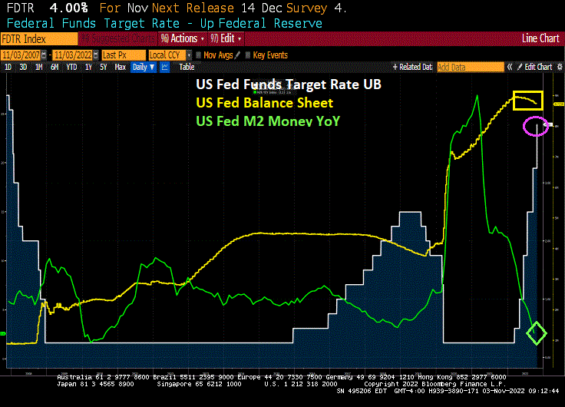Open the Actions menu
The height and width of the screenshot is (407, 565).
[183, 38]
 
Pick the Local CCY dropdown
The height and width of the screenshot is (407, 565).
[168, 55]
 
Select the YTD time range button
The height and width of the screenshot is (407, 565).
[71, 68]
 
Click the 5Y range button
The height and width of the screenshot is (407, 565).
[103, 68]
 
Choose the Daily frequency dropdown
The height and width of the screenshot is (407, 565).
[143, 68]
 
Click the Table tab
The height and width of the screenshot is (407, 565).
[187, 68]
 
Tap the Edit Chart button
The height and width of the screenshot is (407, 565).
[537, 68]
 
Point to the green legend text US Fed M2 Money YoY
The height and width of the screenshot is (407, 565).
[268, 121]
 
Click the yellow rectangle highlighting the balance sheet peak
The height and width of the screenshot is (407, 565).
[527, 100]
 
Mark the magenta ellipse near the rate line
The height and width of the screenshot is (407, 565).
[536, 126]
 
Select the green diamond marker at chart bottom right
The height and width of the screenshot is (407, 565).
[537, 333]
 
